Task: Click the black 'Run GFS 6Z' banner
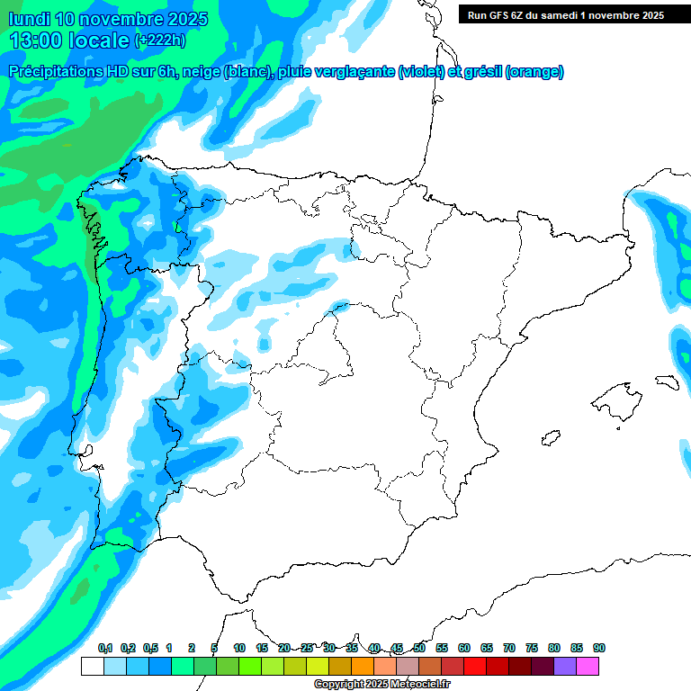(565, 14)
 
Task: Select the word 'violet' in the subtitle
(420, 72)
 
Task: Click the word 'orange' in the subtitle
(534, 72)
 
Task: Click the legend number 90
(599, 648)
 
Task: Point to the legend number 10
(239, 648)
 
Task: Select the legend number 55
(442, 648)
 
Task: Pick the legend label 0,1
(104, 648)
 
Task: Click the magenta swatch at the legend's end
(588, 667)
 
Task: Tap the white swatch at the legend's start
(92, 667)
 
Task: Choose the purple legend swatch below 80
(565, 667)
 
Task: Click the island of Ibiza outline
(550, 438)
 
